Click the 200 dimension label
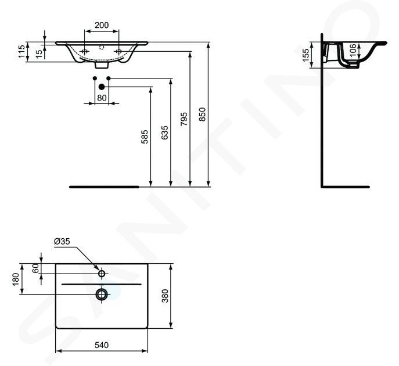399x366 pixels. (x=102, y=25)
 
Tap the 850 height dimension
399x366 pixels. (x=202, y=114)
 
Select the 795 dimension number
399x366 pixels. (x=184, y=119)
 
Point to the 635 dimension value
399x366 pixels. (x=164, y=132)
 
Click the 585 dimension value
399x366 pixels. (x=145, y=137)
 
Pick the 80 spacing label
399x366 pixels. (x=102, y=98)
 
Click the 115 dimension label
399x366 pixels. (x=21, y=51)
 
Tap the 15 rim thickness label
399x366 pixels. (x=39, y=53)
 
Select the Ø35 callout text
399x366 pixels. (x=62, y=241)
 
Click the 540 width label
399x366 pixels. (x=102, y=345)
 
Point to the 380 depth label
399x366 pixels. (x=165, y=296)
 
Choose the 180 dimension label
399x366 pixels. (x=16, y=279)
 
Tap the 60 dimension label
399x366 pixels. (x=35, y=268)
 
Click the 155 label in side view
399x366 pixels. (x=305, y=55)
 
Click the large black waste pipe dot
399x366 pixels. (x=102, y=87)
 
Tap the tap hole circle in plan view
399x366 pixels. (x=102, y=274)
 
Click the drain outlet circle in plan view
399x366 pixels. (x=102, y=294)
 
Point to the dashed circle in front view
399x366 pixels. (x=102, y=47)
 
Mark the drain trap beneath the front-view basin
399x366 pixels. (x=102, y=65)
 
